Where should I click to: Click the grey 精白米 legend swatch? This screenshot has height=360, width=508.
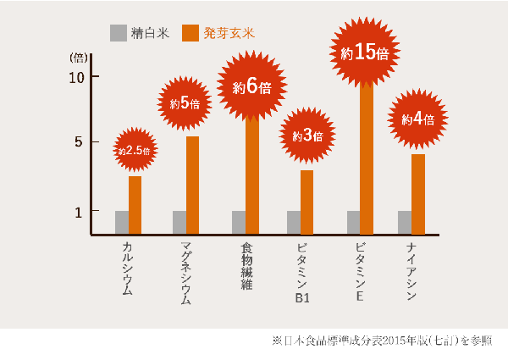point(118,33)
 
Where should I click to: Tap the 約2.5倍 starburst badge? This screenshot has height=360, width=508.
point(135,150)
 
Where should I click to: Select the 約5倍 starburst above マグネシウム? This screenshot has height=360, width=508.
point(185,104)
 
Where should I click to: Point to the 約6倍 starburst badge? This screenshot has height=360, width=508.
point(251,86)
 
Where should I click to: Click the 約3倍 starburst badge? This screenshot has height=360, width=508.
point(307,136)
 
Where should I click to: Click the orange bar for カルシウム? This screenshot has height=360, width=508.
point(135,205)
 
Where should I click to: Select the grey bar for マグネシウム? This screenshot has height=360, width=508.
point(179,223)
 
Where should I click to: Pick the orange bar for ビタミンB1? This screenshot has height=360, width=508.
point(306,202)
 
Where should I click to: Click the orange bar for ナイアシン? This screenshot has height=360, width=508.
point(418,194)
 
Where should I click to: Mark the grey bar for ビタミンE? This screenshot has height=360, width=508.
point(353,223)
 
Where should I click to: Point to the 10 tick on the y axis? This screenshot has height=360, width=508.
point(78,77)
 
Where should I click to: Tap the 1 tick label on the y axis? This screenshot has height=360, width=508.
point(78,211)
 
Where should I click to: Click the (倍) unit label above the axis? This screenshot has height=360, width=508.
point(77,58)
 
